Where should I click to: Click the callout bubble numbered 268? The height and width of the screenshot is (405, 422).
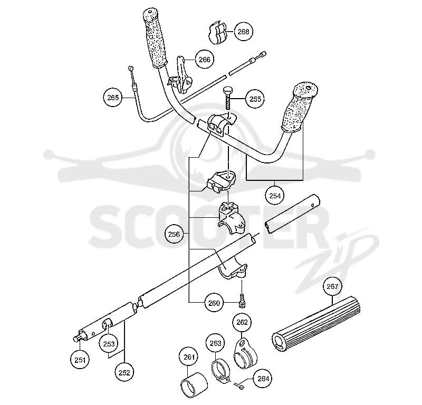244,32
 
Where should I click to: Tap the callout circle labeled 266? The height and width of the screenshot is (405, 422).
205,60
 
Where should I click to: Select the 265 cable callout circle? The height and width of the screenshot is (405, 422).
113,98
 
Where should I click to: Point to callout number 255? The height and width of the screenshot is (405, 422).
255,99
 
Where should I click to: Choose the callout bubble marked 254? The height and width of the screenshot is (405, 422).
275,196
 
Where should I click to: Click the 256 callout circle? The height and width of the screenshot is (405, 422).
174,234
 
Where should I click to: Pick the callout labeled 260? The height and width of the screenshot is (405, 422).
214,303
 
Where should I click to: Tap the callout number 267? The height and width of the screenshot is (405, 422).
332,286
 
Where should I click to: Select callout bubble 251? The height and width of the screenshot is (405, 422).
80,360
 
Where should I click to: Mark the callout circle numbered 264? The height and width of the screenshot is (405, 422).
263,379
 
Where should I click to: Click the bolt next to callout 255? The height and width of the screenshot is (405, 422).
228,98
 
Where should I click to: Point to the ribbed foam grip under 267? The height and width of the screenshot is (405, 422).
316,323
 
